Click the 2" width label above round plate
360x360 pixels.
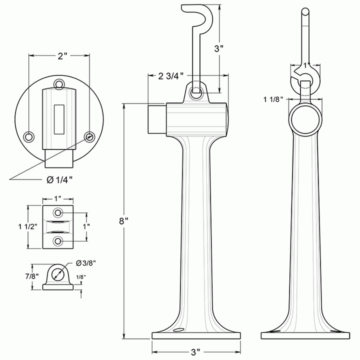click(x=61, y=56)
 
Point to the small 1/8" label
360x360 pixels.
click(x=80, y=277)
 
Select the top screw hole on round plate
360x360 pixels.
click(x=59, y=83)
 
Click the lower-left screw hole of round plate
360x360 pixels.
click(x=29, y=136)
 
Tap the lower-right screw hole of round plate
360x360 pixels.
click(x=89, y=136)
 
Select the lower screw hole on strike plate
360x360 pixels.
click(x=58, y=241)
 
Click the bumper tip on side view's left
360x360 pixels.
click(x=156, y=119)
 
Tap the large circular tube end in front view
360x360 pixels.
click(x=304, y=119)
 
